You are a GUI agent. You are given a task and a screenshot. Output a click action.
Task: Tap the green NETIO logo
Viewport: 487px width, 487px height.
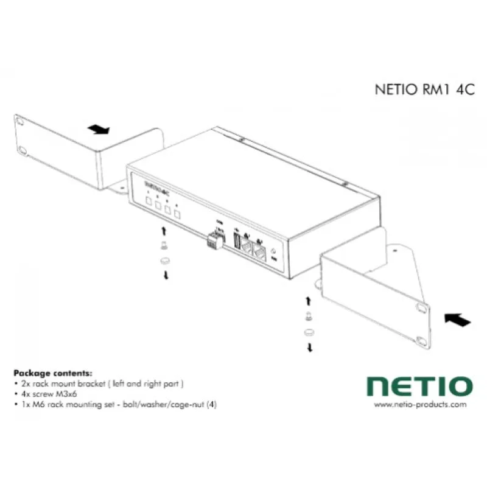click(419, 386)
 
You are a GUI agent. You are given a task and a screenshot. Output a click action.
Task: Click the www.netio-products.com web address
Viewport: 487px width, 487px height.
click(420, 404)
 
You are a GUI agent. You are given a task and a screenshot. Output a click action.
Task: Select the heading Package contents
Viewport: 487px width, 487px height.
click(53, 373)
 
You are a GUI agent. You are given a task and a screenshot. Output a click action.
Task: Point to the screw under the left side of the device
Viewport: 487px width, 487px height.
click(163, 245)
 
